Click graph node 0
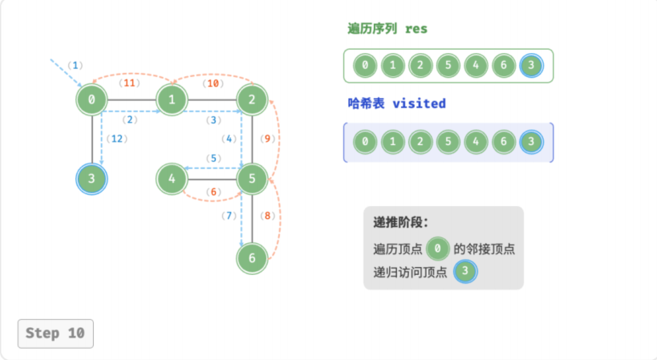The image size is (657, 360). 91,99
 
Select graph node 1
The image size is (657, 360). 172,99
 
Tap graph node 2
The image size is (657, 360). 252,99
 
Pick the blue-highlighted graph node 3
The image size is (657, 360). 91,179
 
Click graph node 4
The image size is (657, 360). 172,179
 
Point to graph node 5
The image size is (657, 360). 252,179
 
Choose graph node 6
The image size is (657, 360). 252,258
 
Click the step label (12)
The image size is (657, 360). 117,139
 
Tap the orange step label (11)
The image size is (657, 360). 129,83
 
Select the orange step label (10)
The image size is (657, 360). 213,83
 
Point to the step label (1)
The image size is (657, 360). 75,65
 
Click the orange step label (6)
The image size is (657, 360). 213,192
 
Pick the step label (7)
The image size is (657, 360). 229,216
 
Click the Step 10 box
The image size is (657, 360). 55,334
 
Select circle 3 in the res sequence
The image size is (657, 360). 531,65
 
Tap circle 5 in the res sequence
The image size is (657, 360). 448,65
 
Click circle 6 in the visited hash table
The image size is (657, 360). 504,142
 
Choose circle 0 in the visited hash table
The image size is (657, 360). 365,142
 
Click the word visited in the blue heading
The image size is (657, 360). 419,103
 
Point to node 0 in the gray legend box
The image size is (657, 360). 437,249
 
